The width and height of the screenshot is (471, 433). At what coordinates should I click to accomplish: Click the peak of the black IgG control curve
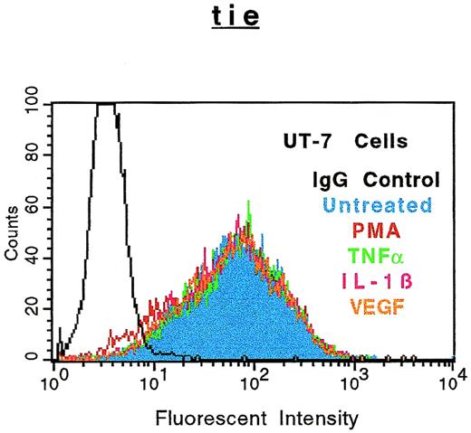[107, 105]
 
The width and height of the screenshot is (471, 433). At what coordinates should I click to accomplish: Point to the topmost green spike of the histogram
[248, 202]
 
